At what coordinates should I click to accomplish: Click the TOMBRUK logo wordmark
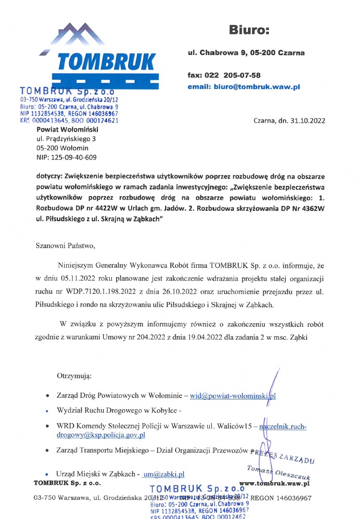pyautogui.click(x=106, y=62)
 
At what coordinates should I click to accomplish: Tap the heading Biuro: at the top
pyautogui.click(x=249, y=30)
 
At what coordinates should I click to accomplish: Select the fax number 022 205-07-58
pyautogui.click(x=234, y=75)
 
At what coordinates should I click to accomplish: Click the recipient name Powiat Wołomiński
pyautogui.click(x=67, y=129)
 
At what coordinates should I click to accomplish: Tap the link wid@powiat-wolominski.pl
pyautogui.click(x=233, y=396)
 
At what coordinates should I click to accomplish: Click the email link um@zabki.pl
pyautogui.click(x=164, y=474)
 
